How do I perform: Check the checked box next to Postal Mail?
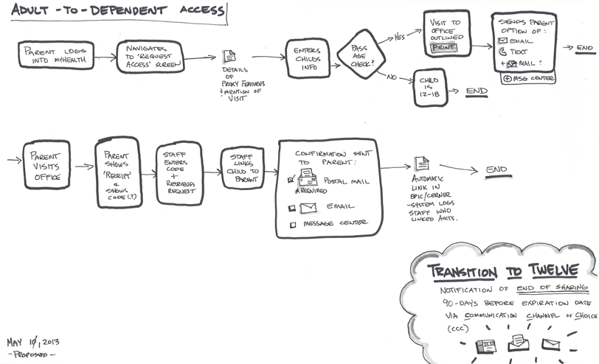pos(292,179)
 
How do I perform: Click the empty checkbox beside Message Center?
pos(293,225)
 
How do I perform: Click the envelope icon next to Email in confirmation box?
pos(309,208)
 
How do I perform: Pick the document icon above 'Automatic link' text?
pos(421,164)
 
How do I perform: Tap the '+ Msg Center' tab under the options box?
pos(527,78)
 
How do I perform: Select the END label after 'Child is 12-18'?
pos(477,91)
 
